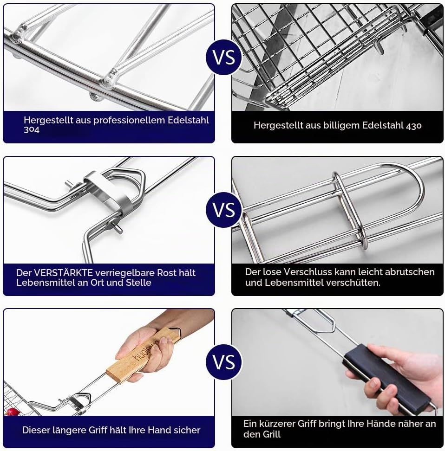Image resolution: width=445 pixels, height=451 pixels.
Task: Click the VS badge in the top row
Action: point(224,58)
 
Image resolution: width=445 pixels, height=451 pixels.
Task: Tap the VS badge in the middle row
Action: point(224,210)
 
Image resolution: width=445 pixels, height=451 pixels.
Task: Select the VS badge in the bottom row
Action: point(224,362)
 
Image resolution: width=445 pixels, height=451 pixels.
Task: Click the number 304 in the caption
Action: point(32,130)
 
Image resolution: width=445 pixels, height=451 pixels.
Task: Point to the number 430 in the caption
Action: point(413,125)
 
